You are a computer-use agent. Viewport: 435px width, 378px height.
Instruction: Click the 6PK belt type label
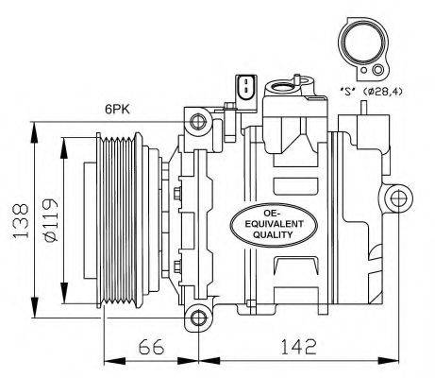click(117, 110)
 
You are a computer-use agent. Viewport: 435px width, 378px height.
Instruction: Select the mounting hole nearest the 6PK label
click(196, 122)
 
